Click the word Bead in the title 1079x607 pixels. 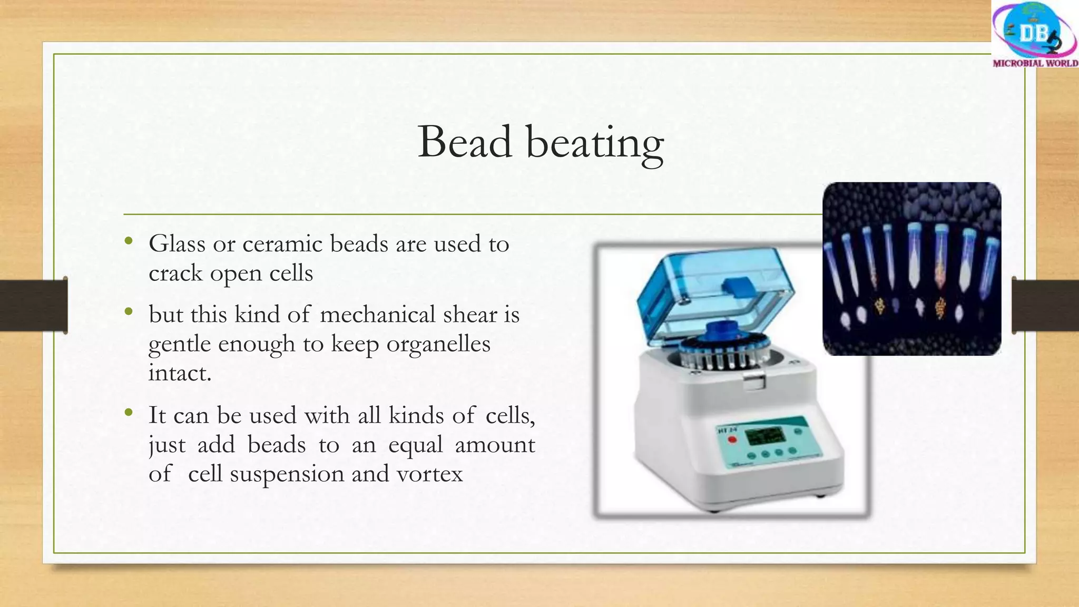coord(465,142)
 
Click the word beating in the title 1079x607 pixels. coord(595,143)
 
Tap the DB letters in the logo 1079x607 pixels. coord(1033,33)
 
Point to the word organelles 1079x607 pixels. coord(438,344)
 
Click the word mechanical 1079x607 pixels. coord(377,315)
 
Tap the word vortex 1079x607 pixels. coord(429,474)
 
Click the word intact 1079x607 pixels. coord(179,373)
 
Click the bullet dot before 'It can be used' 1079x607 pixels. coord(129,413)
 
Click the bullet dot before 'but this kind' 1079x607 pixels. coord(129,312)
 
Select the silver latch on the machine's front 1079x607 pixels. coord(755,380)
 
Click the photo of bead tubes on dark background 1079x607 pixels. coord(911,269)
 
